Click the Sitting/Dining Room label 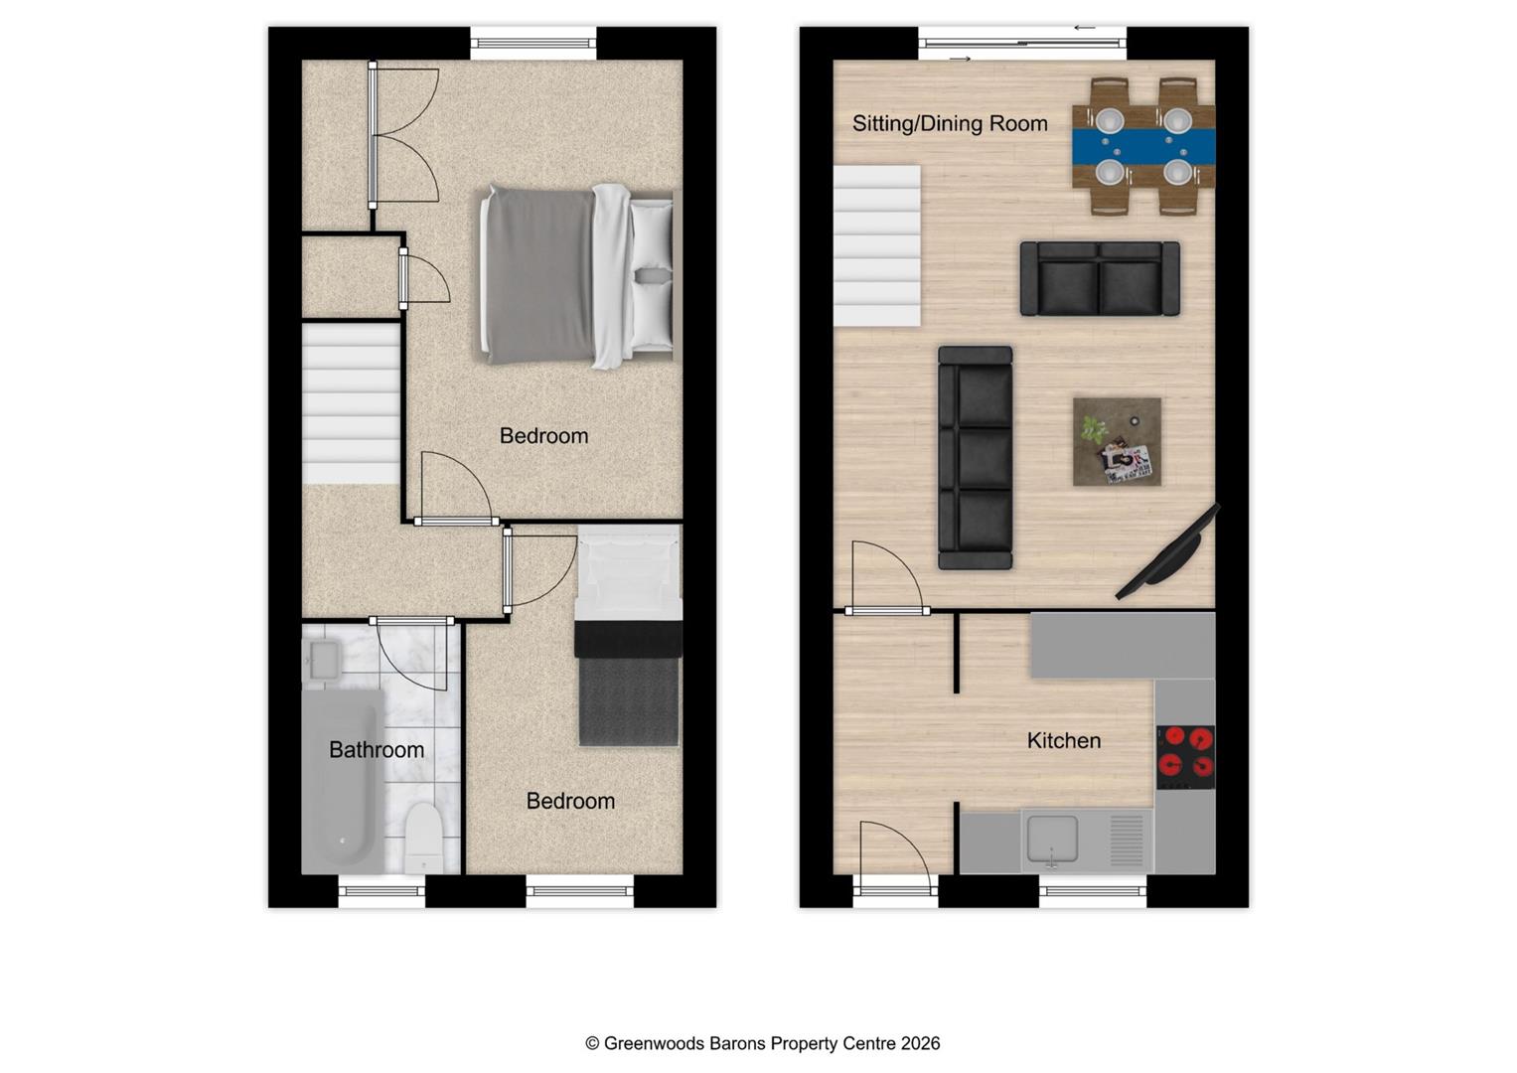[x=950, y=123]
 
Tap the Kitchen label [x=1063, y=740]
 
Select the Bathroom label [x=376, y=749]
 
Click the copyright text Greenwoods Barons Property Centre [x=762, y=1043]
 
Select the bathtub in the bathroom [x=341, y=781]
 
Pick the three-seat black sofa [x=975, y=457]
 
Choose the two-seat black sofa [x=1100, y=278]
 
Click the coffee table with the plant [x=1117, y=442]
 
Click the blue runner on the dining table [x=1143, y=147]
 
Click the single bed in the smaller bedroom [x=629, y=636]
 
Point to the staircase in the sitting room [x=876, y=246]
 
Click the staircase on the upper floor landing [x=350, y=402]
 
